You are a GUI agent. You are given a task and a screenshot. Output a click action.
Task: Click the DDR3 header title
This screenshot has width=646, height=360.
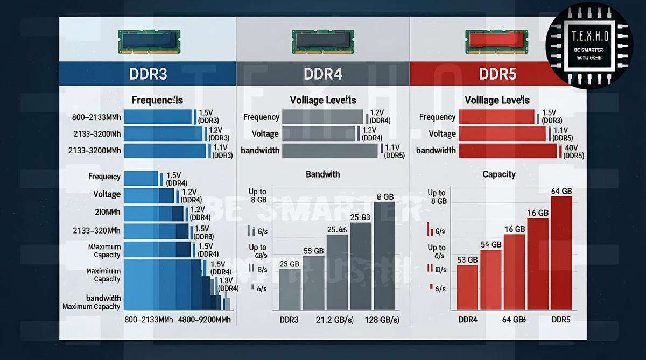click(x=148, y=74)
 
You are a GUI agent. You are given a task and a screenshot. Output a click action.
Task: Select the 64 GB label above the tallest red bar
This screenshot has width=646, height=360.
click(x=561, y=191)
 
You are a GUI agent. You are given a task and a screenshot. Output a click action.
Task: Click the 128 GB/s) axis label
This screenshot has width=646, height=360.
click(x=382, y=320)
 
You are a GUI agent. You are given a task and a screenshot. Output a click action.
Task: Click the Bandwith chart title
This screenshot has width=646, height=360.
click(x=323, y=174)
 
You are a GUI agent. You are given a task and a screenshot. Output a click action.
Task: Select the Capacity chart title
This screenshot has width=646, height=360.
click(x=499, y=174)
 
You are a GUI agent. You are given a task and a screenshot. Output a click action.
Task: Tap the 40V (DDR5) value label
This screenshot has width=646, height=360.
click(x=572, y=152)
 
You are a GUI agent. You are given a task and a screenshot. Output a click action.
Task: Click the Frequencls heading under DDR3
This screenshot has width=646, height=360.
click(x=157, y=100)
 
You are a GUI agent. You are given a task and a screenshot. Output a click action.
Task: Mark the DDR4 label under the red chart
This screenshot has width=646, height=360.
click(x=467, y=320)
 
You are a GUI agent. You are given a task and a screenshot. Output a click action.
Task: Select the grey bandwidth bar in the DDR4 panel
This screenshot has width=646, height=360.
click(x=329, y=151)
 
